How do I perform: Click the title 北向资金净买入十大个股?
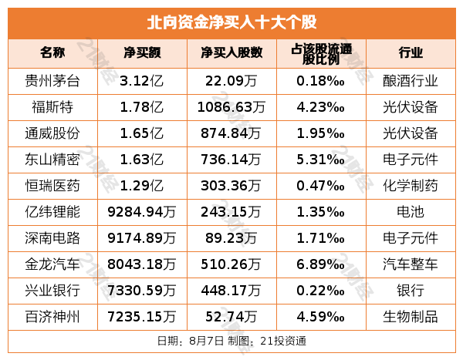231,22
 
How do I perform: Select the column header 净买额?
142,53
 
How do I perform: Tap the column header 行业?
411,53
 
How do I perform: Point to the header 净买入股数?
231,53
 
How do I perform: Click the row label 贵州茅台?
53,79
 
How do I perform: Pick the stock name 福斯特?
53,106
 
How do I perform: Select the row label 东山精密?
53,159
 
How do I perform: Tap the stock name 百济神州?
53,317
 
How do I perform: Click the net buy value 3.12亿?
142,79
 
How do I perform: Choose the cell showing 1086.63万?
231,106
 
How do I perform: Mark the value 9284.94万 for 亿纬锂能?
142,211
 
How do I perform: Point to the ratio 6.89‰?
320,264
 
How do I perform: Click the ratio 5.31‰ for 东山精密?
320,159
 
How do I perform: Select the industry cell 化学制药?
411,185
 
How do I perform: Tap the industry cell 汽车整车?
411,264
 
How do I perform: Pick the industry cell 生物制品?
411,317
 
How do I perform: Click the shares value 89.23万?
231,238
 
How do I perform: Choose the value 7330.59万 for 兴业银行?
142,291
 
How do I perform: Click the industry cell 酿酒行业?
411,79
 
